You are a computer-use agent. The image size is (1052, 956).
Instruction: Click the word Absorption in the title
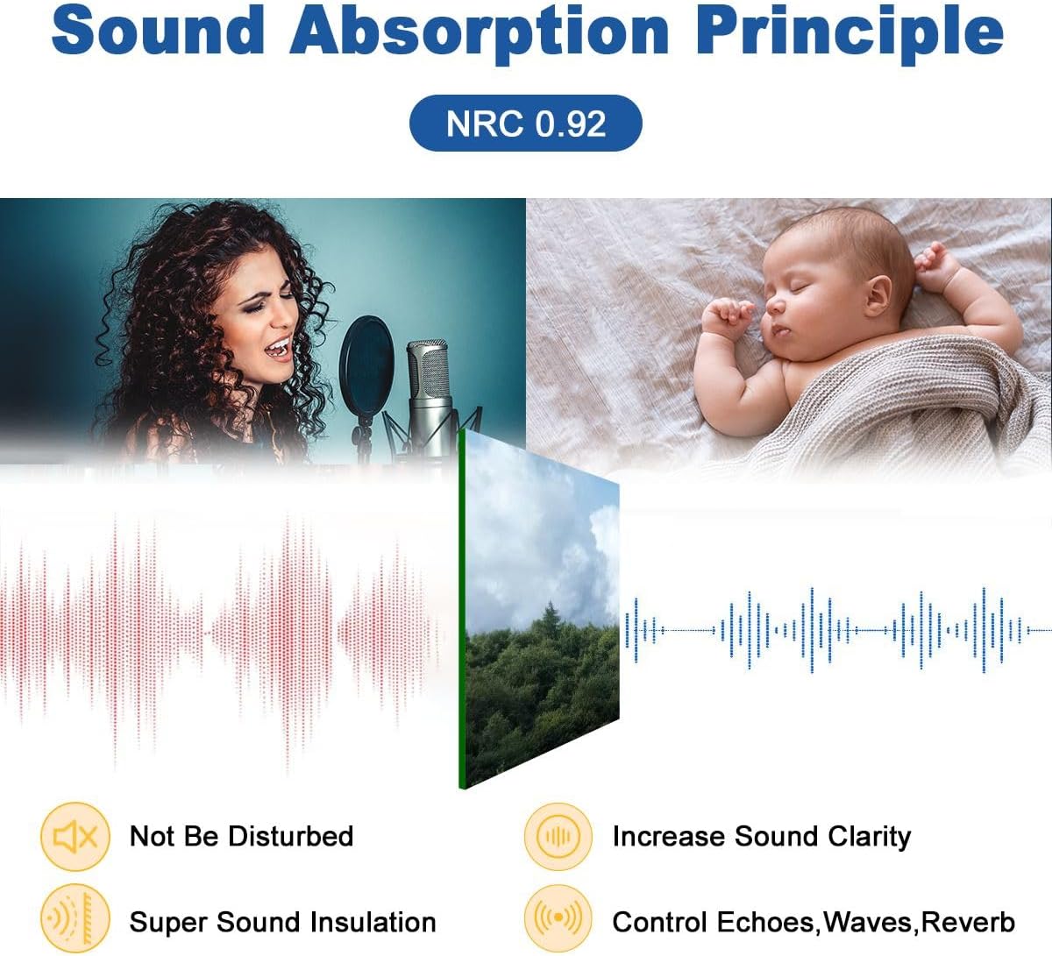[x=480, y=34]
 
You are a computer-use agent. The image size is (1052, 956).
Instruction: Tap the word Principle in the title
[x=849, y=34]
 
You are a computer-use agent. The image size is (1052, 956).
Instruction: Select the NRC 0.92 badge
[x=525, y=124]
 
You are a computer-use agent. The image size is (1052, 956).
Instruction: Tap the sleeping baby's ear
[x=878, y=295]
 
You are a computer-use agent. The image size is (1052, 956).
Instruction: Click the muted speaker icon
[x=75, y=836]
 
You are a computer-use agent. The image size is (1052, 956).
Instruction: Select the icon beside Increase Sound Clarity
[x=558, y=836]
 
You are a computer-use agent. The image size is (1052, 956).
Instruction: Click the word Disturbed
[x=290, y=836]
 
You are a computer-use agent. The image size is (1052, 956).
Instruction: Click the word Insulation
[x=373, y=922]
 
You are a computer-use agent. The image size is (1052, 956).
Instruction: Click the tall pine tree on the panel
[x=551, y=622]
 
